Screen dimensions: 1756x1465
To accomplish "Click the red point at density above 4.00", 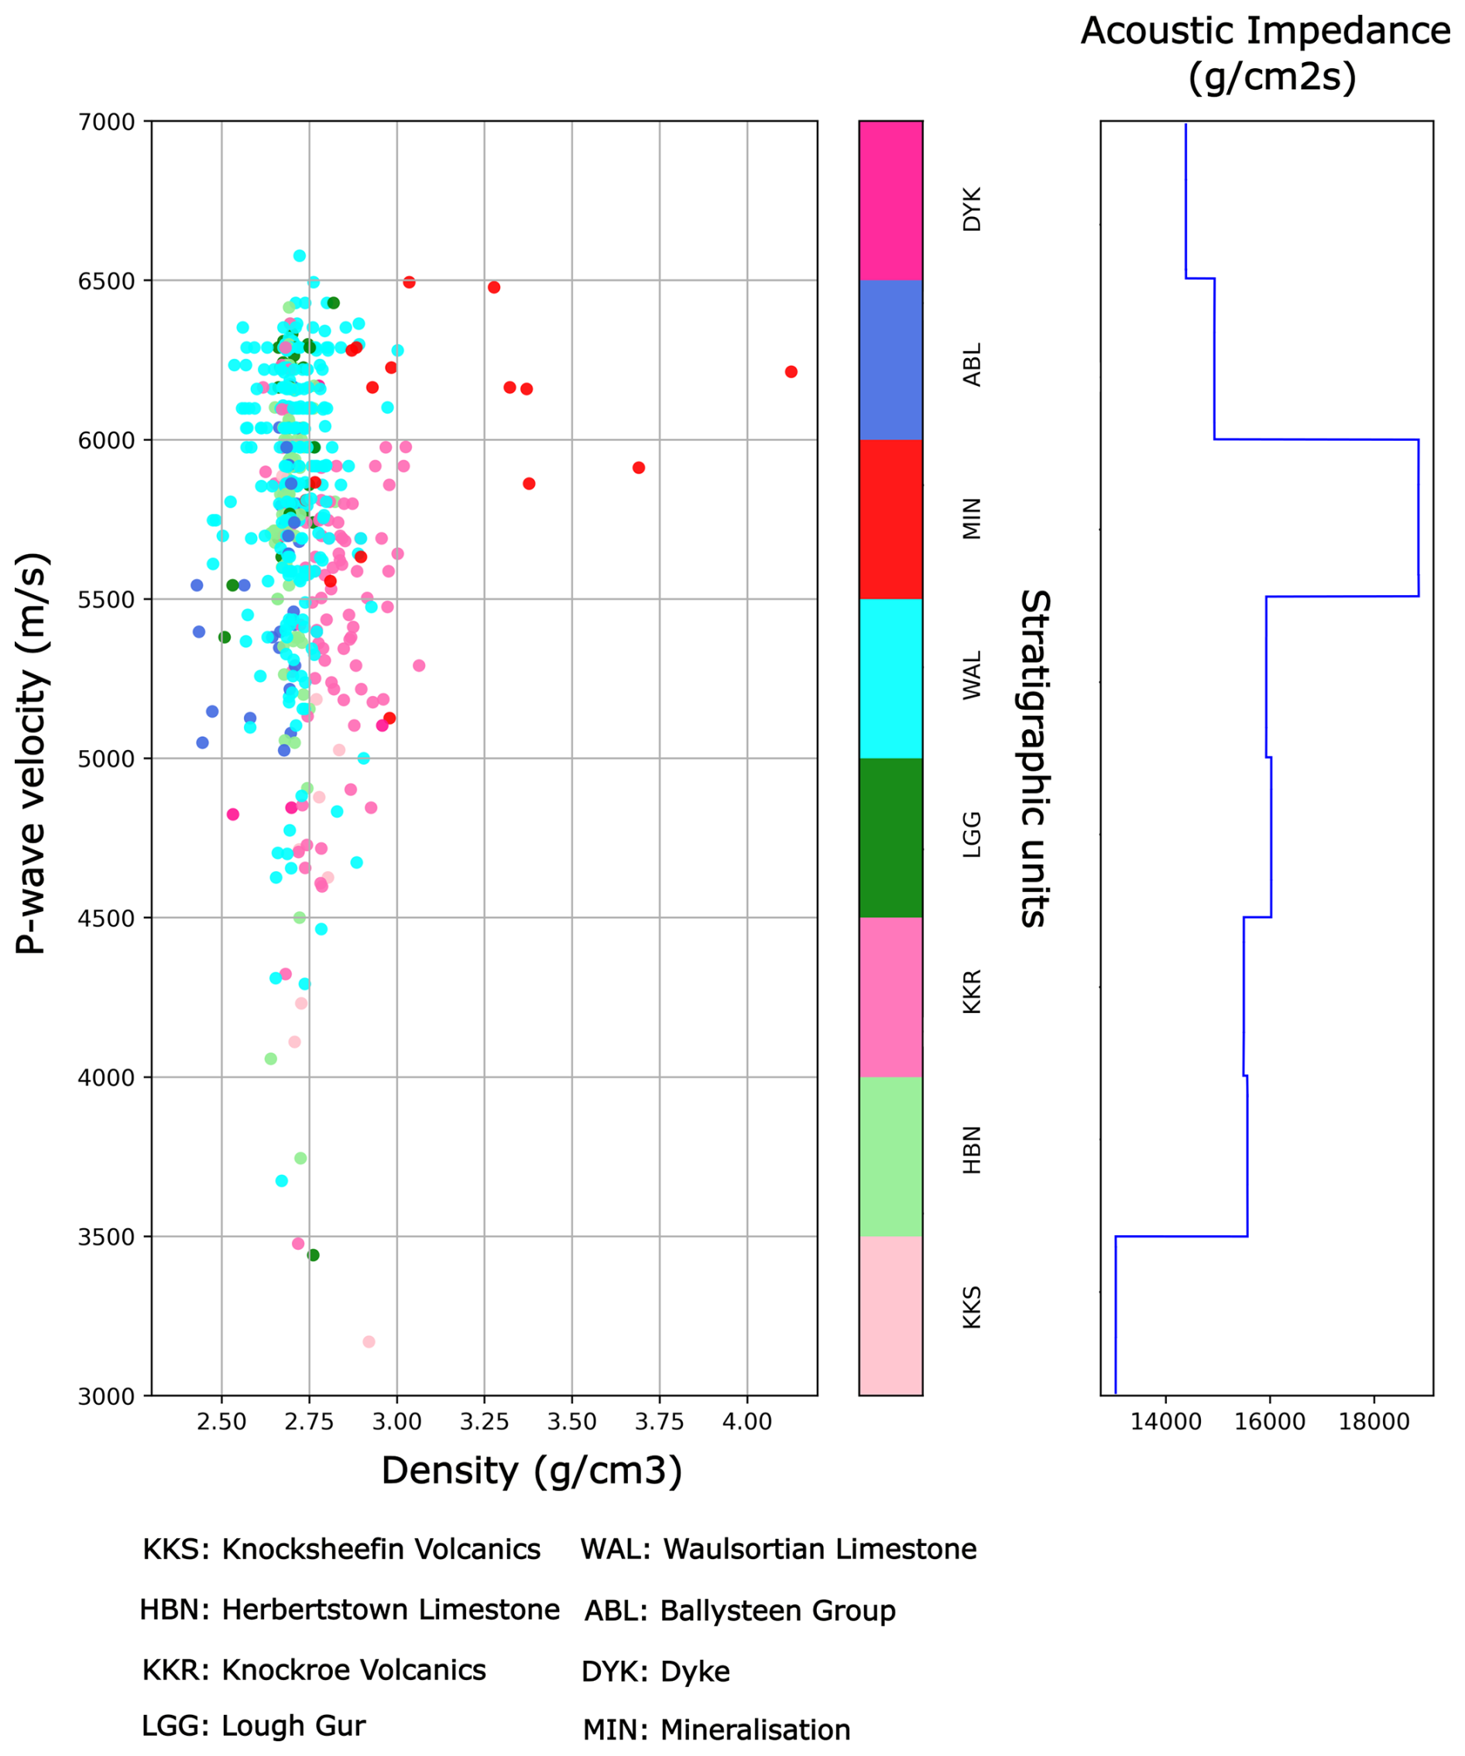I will [791, 371].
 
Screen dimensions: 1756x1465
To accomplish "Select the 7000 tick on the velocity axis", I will [106, 122].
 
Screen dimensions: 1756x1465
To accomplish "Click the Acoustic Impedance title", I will [1265, 53].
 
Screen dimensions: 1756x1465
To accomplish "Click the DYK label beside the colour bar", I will [971, 209].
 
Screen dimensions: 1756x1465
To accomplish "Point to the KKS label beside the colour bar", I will [971, 1307].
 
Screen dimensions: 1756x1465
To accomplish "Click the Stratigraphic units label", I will [1034, 759].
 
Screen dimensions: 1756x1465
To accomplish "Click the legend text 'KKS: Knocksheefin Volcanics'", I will [341, 1549].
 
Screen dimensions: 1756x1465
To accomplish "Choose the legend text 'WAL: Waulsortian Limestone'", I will [778, 1549].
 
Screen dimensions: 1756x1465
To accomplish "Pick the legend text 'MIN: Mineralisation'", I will [716, 1729].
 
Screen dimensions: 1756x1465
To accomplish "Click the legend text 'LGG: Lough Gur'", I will [253, 1725].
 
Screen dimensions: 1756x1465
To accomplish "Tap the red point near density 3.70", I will [639, 467].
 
